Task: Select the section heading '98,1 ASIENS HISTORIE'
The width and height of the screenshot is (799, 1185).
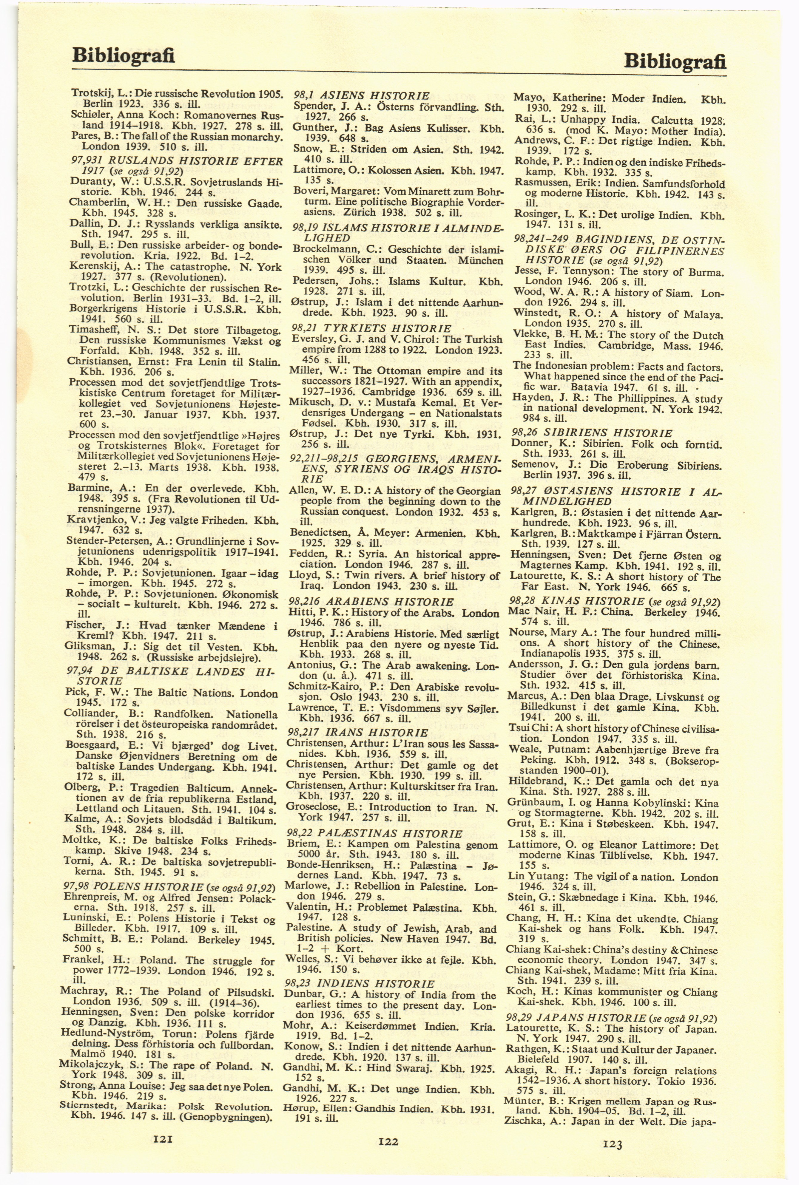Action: (362, 95)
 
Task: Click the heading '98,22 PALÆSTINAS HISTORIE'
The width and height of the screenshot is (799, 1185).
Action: (374, 833)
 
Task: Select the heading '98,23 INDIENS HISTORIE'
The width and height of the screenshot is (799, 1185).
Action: (359, 984)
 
